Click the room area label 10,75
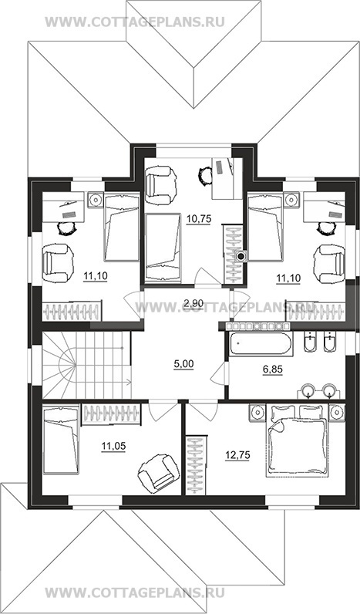pyautogui.click(x=199, y=219)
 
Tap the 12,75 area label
pyautogui.click(x=237, y=454)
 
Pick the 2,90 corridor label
pyautogui.click(x=193, y=301)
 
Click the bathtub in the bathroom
pyautogui.click(x=261, y=345)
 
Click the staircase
pyautogui.click(x=86, y=365)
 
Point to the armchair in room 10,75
pyautogui.click(x=159, y=182)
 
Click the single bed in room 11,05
pyautogui.click(x=60, y=440)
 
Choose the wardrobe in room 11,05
pyautogui.click(x=111, y=414)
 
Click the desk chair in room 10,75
pyautogui.click(x=204, y=174)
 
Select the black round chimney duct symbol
pyautogui.click(x=241, y=257)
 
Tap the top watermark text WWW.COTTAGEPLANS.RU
pyautogui.click(x=135, y=22)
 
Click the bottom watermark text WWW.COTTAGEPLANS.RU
pyautogui.click(x=135, y=592)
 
